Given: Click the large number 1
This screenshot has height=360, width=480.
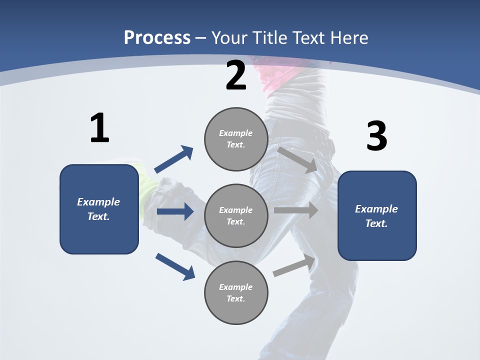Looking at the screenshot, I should click(x=99, y=128).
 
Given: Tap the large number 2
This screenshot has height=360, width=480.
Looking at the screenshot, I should click(x=236, y=75).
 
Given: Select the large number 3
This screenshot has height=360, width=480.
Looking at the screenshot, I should click(x=376, y=136).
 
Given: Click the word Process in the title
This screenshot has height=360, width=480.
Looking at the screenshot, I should click(x=157, y=37).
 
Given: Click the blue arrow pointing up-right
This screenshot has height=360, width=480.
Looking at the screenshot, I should click(x=174, y=159).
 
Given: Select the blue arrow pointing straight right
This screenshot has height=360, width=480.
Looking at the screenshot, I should click(x=175, y=211).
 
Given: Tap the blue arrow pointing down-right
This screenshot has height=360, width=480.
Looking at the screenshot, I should click(x=175, y=266).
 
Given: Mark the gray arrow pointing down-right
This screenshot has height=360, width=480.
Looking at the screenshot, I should click(x=297, y=159).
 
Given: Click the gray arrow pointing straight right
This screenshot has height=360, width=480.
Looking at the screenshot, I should click(x=296, y=210).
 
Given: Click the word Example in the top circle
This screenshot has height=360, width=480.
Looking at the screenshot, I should click(x=236, y=133).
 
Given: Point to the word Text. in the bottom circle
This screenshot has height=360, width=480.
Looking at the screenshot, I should click(x=236, y=298).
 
